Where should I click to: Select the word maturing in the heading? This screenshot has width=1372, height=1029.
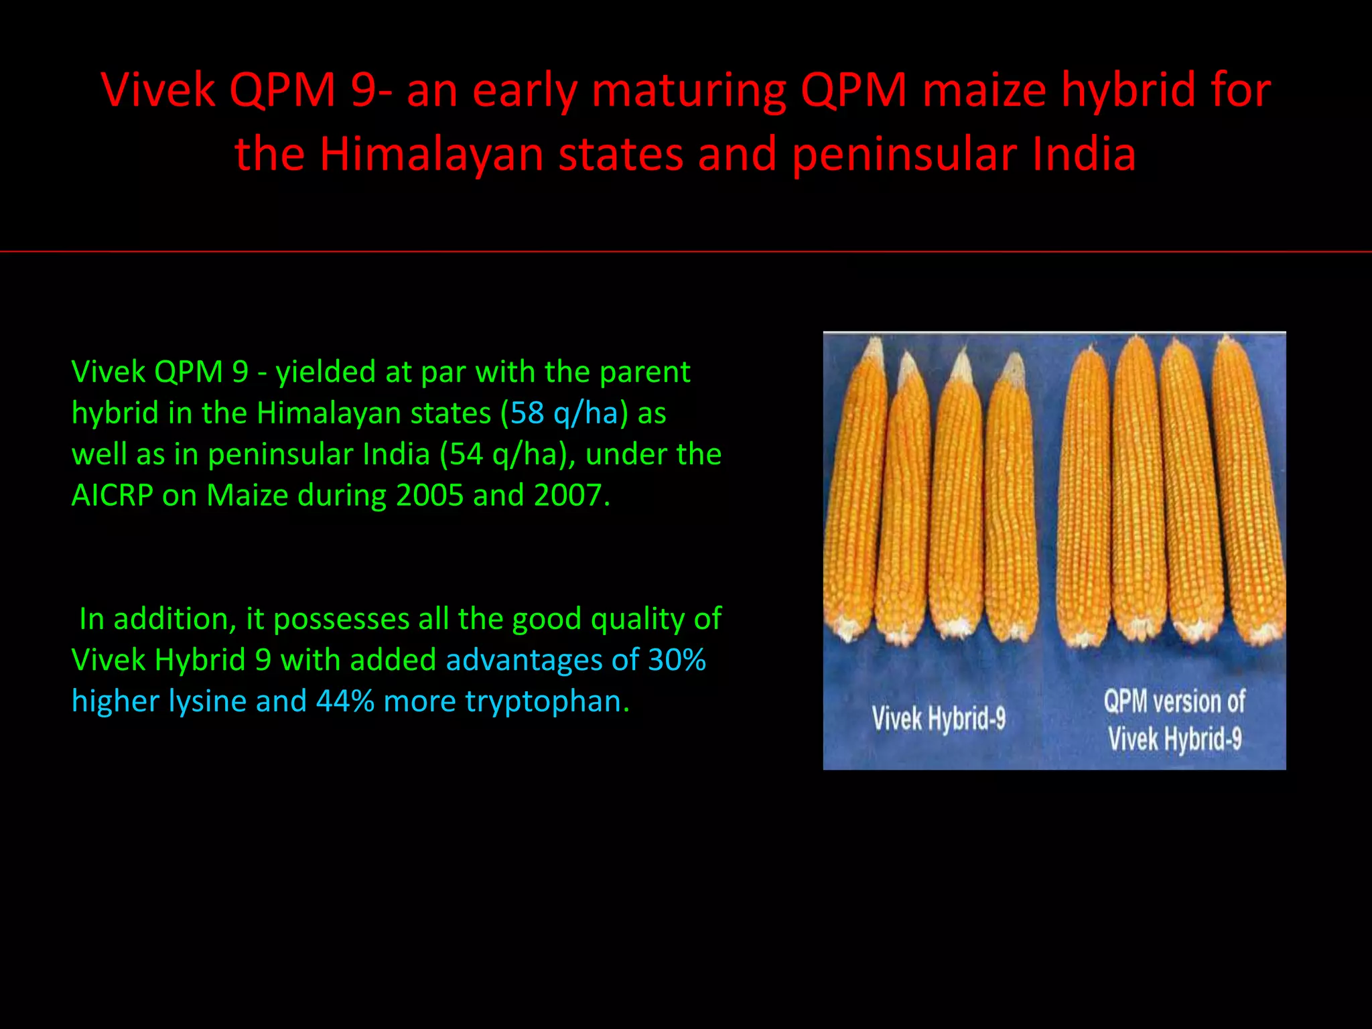point(688,90)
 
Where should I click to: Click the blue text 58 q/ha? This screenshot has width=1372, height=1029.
point(564,413)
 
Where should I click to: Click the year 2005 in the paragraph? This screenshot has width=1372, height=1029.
point(429,496)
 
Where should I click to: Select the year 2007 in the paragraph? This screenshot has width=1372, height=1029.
point(567,496)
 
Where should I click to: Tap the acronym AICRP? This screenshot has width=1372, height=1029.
point(112,496)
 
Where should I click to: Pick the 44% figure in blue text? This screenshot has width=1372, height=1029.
point(345,701)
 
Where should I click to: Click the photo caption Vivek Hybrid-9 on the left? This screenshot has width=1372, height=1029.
point(939,719)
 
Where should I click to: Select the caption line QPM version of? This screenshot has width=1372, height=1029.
point(1174,701)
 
